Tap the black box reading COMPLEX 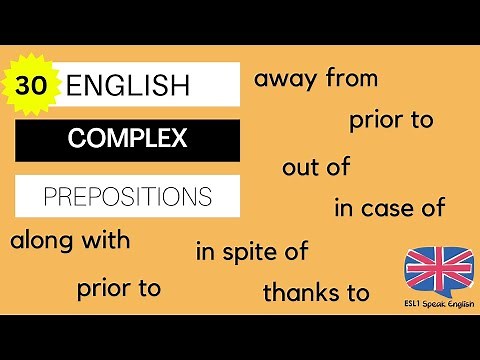(127, 139)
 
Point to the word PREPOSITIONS (127, 194)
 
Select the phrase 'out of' (316, 167)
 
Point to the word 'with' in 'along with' (106, 242)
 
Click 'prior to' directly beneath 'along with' (119, 290)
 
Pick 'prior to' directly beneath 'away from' (391, 122)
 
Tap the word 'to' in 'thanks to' (357, 293)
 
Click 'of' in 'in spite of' (295, 251)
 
